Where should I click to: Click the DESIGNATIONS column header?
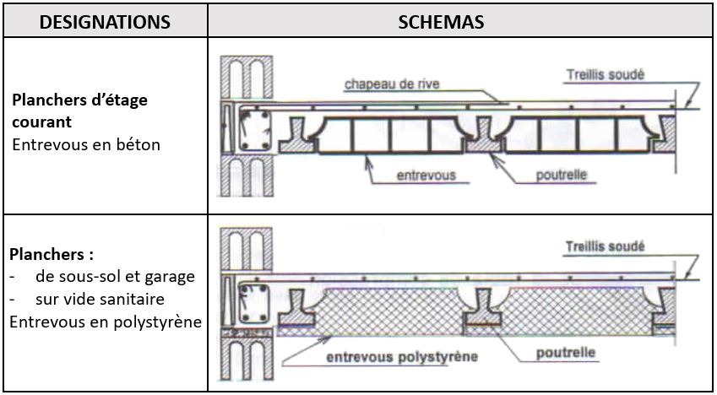click(105, 22)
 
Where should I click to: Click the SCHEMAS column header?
click(441, 22)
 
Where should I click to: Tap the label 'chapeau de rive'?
click(391, 84)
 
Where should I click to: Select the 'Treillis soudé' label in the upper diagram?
click(605, 74)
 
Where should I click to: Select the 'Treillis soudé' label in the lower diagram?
click(605, 246)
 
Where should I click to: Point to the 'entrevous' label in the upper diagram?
click(426, 176)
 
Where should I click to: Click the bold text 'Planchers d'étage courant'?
click(79, 111)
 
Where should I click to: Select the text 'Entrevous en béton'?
click(85, 144)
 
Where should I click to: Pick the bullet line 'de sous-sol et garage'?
click(115, 276)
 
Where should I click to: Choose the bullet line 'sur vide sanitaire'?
click(100, 299)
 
